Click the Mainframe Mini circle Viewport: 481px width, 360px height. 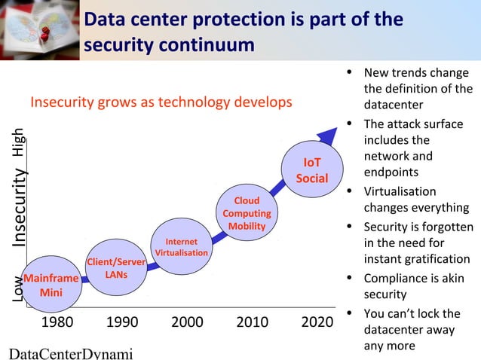click(x=51, y=285)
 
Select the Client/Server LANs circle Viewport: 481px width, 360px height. click(x=116, y=268)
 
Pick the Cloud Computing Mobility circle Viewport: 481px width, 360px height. click(x=247, y=213)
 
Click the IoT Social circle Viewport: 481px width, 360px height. click(x=311, y=171)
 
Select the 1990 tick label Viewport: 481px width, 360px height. click(x=122, y=323)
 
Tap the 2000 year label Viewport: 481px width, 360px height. click(x=187, y=323)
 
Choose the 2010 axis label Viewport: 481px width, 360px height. click(x=253, y=323)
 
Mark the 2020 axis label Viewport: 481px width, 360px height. click(x=317, y=323)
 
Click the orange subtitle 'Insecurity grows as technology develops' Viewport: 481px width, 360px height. click(x=160, y=102)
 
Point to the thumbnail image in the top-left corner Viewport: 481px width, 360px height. click(x=39, y=29)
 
